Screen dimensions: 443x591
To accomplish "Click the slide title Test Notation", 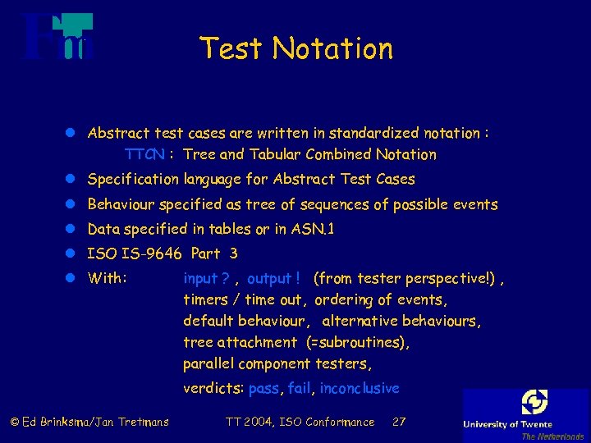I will coord(296,48).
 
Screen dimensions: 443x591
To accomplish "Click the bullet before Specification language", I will coord(72,179).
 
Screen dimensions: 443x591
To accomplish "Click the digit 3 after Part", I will coord(234,253).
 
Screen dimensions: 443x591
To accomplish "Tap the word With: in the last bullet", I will coord(107,278).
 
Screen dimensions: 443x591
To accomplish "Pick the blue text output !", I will coord(273,278).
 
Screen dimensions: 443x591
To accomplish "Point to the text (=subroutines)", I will coord(357,342).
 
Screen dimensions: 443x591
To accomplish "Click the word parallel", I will coord(206,363).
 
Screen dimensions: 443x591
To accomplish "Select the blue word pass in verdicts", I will coord(263,388).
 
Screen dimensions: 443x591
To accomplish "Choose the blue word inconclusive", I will coord(360,388).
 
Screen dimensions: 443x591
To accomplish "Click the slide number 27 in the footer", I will coord(399,422).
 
